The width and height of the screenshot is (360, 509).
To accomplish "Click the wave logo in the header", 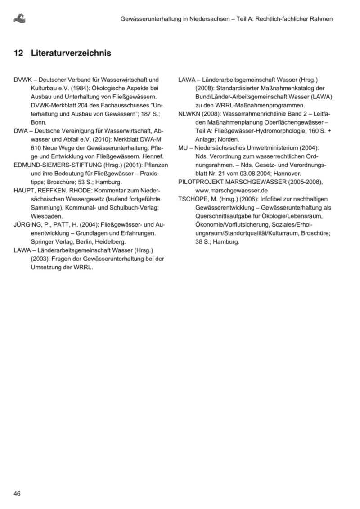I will (20, 18).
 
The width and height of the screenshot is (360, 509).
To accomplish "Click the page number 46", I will (18, 493).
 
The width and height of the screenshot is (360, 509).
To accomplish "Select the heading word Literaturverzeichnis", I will (71, 54).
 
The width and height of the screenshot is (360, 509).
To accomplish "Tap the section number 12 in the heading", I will (18, 54).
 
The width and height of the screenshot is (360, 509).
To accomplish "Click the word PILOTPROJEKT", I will (202, 182).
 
